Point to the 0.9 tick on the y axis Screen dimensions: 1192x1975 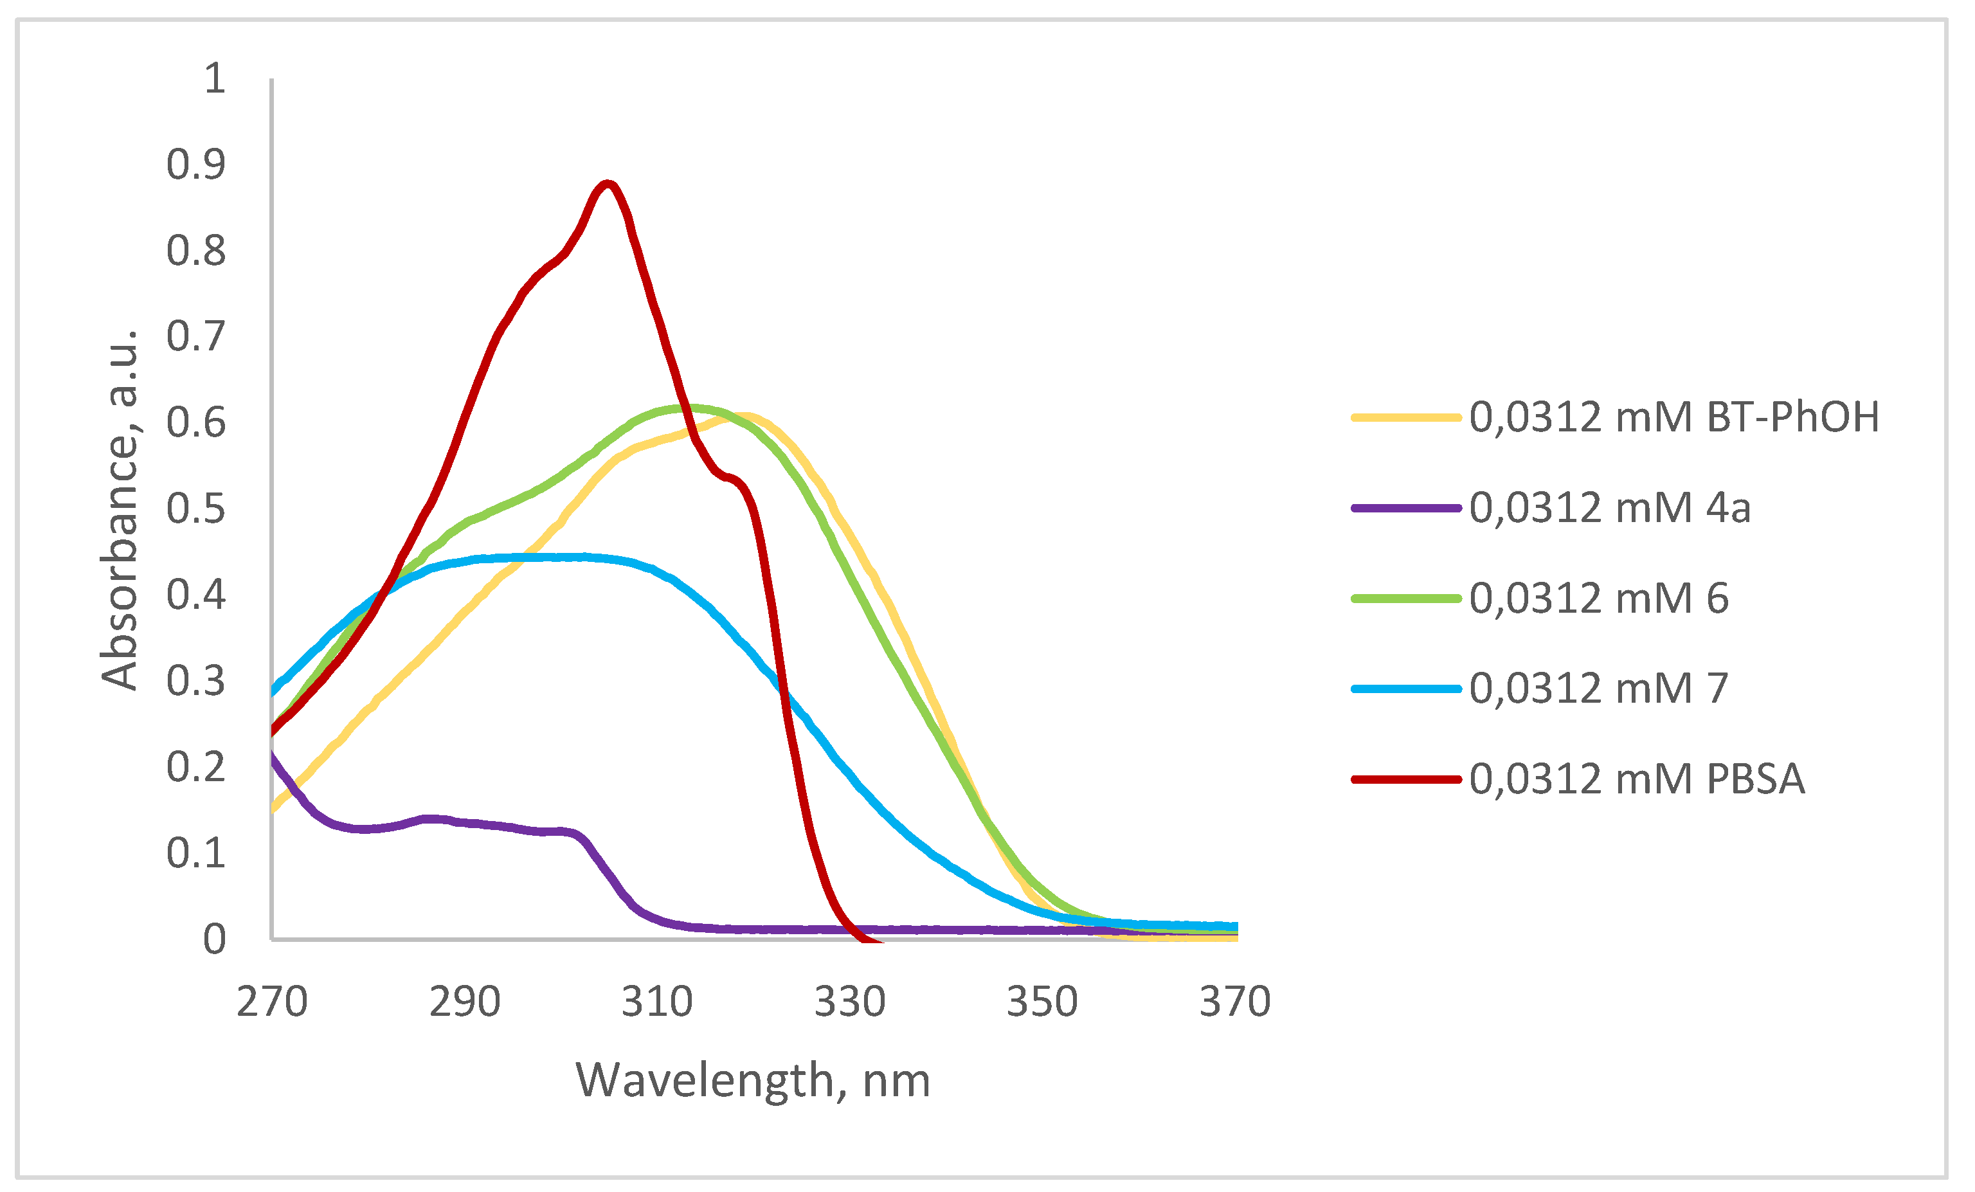(196, 165)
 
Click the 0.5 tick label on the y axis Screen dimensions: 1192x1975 (196, 509)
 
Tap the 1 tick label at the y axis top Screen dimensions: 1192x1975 (214, 78)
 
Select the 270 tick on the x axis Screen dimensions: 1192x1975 (272, 1002)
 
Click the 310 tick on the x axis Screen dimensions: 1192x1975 (657, 1002)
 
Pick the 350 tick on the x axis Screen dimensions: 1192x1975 (1042, 1002)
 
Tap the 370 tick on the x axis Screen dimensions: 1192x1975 (1234, 1002)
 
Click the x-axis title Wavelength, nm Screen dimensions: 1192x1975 (753, 1081)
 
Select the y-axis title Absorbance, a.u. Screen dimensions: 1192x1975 (120, 509)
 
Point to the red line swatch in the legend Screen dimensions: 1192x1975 (1406, 779)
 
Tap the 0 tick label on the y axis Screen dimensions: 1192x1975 (214, 939)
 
